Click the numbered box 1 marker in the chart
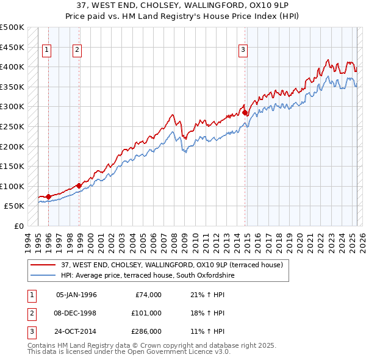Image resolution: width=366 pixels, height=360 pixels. click(x=48, y=51)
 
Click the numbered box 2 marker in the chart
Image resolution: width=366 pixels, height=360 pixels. click(x=77, y=51)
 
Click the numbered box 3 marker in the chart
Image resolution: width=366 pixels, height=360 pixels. click(x=243, y=51)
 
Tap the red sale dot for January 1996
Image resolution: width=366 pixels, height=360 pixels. click(x=48, y=196)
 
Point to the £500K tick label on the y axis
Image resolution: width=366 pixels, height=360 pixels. click(x=12, y=27)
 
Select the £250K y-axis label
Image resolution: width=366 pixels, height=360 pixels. click(x=12, y=126)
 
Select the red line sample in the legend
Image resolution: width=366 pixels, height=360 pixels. click(x=43, y=265)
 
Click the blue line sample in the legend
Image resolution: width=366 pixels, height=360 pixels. click(x=43, y=276)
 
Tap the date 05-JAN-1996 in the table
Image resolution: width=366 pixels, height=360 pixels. click(x=76, y=295)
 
